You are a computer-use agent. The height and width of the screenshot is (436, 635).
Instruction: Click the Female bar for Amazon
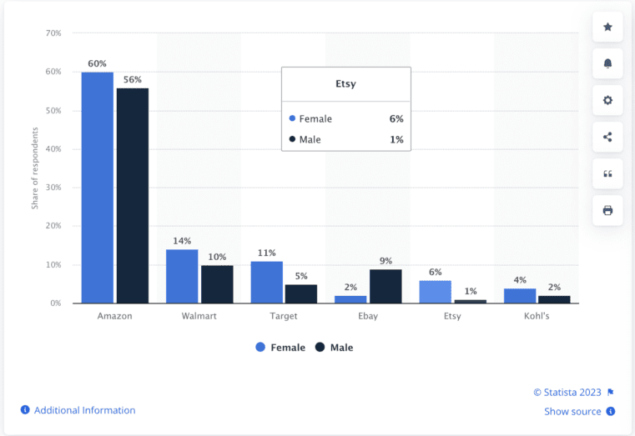[98, 188]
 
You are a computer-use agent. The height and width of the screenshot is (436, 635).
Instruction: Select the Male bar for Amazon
[133, 195]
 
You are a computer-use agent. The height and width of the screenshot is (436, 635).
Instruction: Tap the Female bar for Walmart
[182, 276]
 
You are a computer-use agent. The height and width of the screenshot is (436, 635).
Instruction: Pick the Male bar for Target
[301, 293]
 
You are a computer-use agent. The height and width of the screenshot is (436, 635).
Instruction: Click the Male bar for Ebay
[386, 286]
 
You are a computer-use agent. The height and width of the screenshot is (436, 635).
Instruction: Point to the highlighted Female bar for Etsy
[436, 292]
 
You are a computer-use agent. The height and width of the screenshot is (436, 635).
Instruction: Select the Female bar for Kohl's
[520, 295]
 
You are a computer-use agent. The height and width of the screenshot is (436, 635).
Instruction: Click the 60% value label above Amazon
[98, 64]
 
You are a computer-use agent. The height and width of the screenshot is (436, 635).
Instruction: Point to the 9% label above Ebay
[386, 261]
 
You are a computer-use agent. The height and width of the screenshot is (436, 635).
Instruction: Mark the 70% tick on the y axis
[53, 33]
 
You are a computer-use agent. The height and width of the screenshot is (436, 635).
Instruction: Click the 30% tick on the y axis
[53, 188]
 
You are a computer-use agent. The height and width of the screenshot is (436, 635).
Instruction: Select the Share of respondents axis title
[35, 168]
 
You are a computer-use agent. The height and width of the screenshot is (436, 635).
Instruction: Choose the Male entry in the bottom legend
[335, 348]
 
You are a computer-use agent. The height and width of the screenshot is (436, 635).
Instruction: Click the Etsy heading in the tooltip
[345, 85]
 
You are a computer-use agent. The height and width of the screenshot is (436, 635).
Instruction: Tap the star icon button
[607, 28]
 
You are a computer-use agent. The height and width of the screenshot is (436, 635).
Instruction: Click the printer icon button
[607, 211]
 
